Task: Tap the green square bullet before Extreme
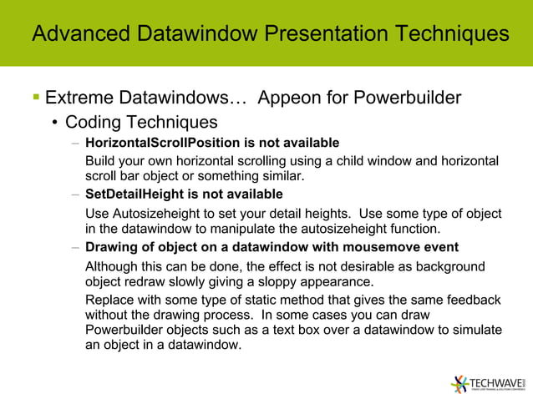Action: pos(35,98)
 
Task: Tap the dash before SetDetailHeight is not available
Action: pos(75,195)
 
